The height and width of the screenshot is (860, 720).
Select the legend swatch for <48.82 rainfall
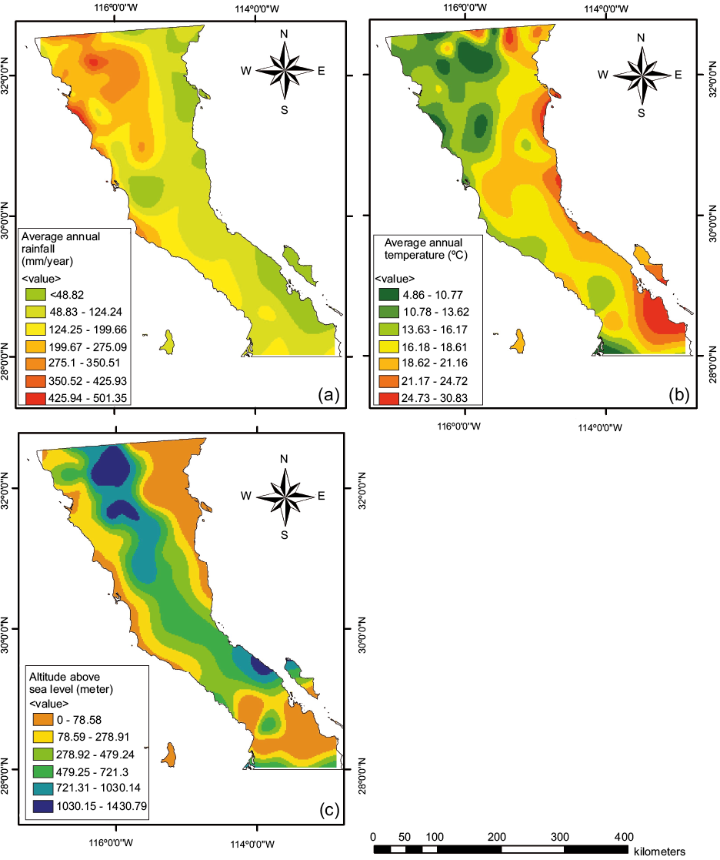point(35,294)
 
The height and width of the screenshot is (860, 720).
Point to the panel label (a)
point(328,396)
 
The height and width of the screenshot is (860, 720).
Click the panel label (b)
point(680,396)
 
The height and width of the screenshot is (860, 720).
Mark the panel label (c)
point(328,809)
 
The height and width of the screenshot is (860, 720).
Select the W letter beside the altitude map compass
point(247,497)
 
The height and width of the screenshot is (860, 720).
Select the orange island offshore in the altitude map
point(167,755)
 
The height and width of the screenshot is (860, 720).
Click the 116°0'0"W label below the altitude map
point(117,842)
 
